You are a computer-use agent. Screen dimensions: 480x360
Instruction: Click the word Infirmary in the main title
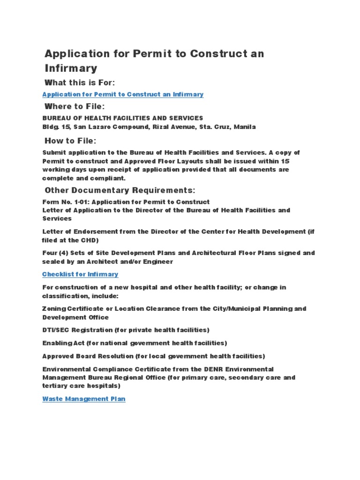tap(71, 68)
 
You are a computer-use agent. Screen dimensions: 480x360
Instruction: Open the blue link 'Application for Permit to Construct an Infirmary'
tap(123, 94)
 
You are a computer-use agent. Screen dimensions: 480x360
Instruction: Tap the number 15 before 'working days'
tap(285, 161)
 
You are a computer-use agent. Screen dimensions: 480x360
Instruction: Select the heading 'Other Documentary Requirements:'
tap(119, 190)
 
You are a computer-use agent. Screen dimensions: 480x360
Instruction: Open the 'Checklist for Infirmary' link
tap(80, 274)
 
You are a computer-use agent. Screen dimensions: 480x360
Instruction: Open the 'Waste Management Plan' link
tap(84, 399)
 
